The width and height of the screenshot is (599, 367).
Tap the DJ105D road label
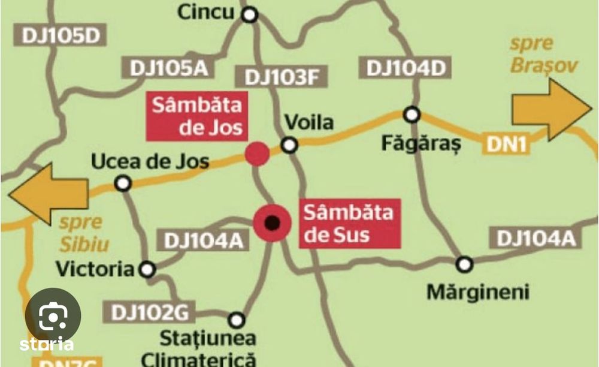[60, 35]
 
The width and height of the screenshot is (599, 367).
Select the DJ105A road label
[165, 68]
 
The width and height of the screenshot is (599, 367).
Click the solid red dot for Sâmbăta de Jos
[257, 154]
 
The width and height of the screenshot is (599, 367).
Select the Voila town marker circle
[290, 145]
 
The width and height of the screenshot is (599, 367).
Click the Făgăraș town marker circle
[412, 114]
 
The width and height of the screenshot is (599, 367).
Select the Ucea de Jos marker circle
[123, 183]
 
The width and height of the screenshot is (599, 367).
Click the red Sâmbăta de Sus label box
[349, 223]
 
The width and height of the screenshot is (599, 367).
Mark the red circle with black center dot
[273, 223]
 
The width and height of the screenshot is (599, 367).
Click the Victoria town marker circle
[147, 269]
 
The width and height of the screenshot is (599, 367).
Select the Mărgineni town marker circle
[464, 263]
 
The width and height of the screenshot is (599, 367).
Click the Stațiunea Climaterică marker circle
[237, 319]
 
